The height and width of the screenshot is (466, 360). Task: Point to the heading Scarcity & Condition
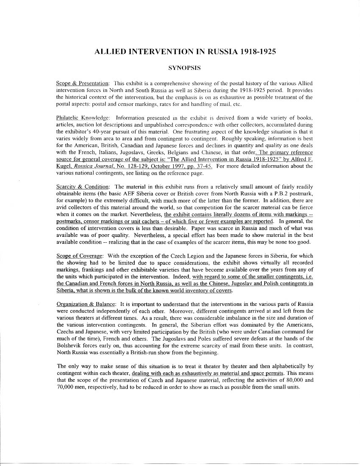point(83,187)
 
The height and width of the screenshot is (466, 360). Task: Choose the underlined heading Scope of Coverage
point(80,256)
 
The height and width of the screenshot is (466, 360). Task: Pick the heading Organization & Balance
point(86,304)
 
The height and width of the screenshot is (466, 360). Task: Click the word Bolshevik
point(70,345)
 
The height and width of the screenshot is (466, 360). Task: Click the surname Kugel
point(65,166)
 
